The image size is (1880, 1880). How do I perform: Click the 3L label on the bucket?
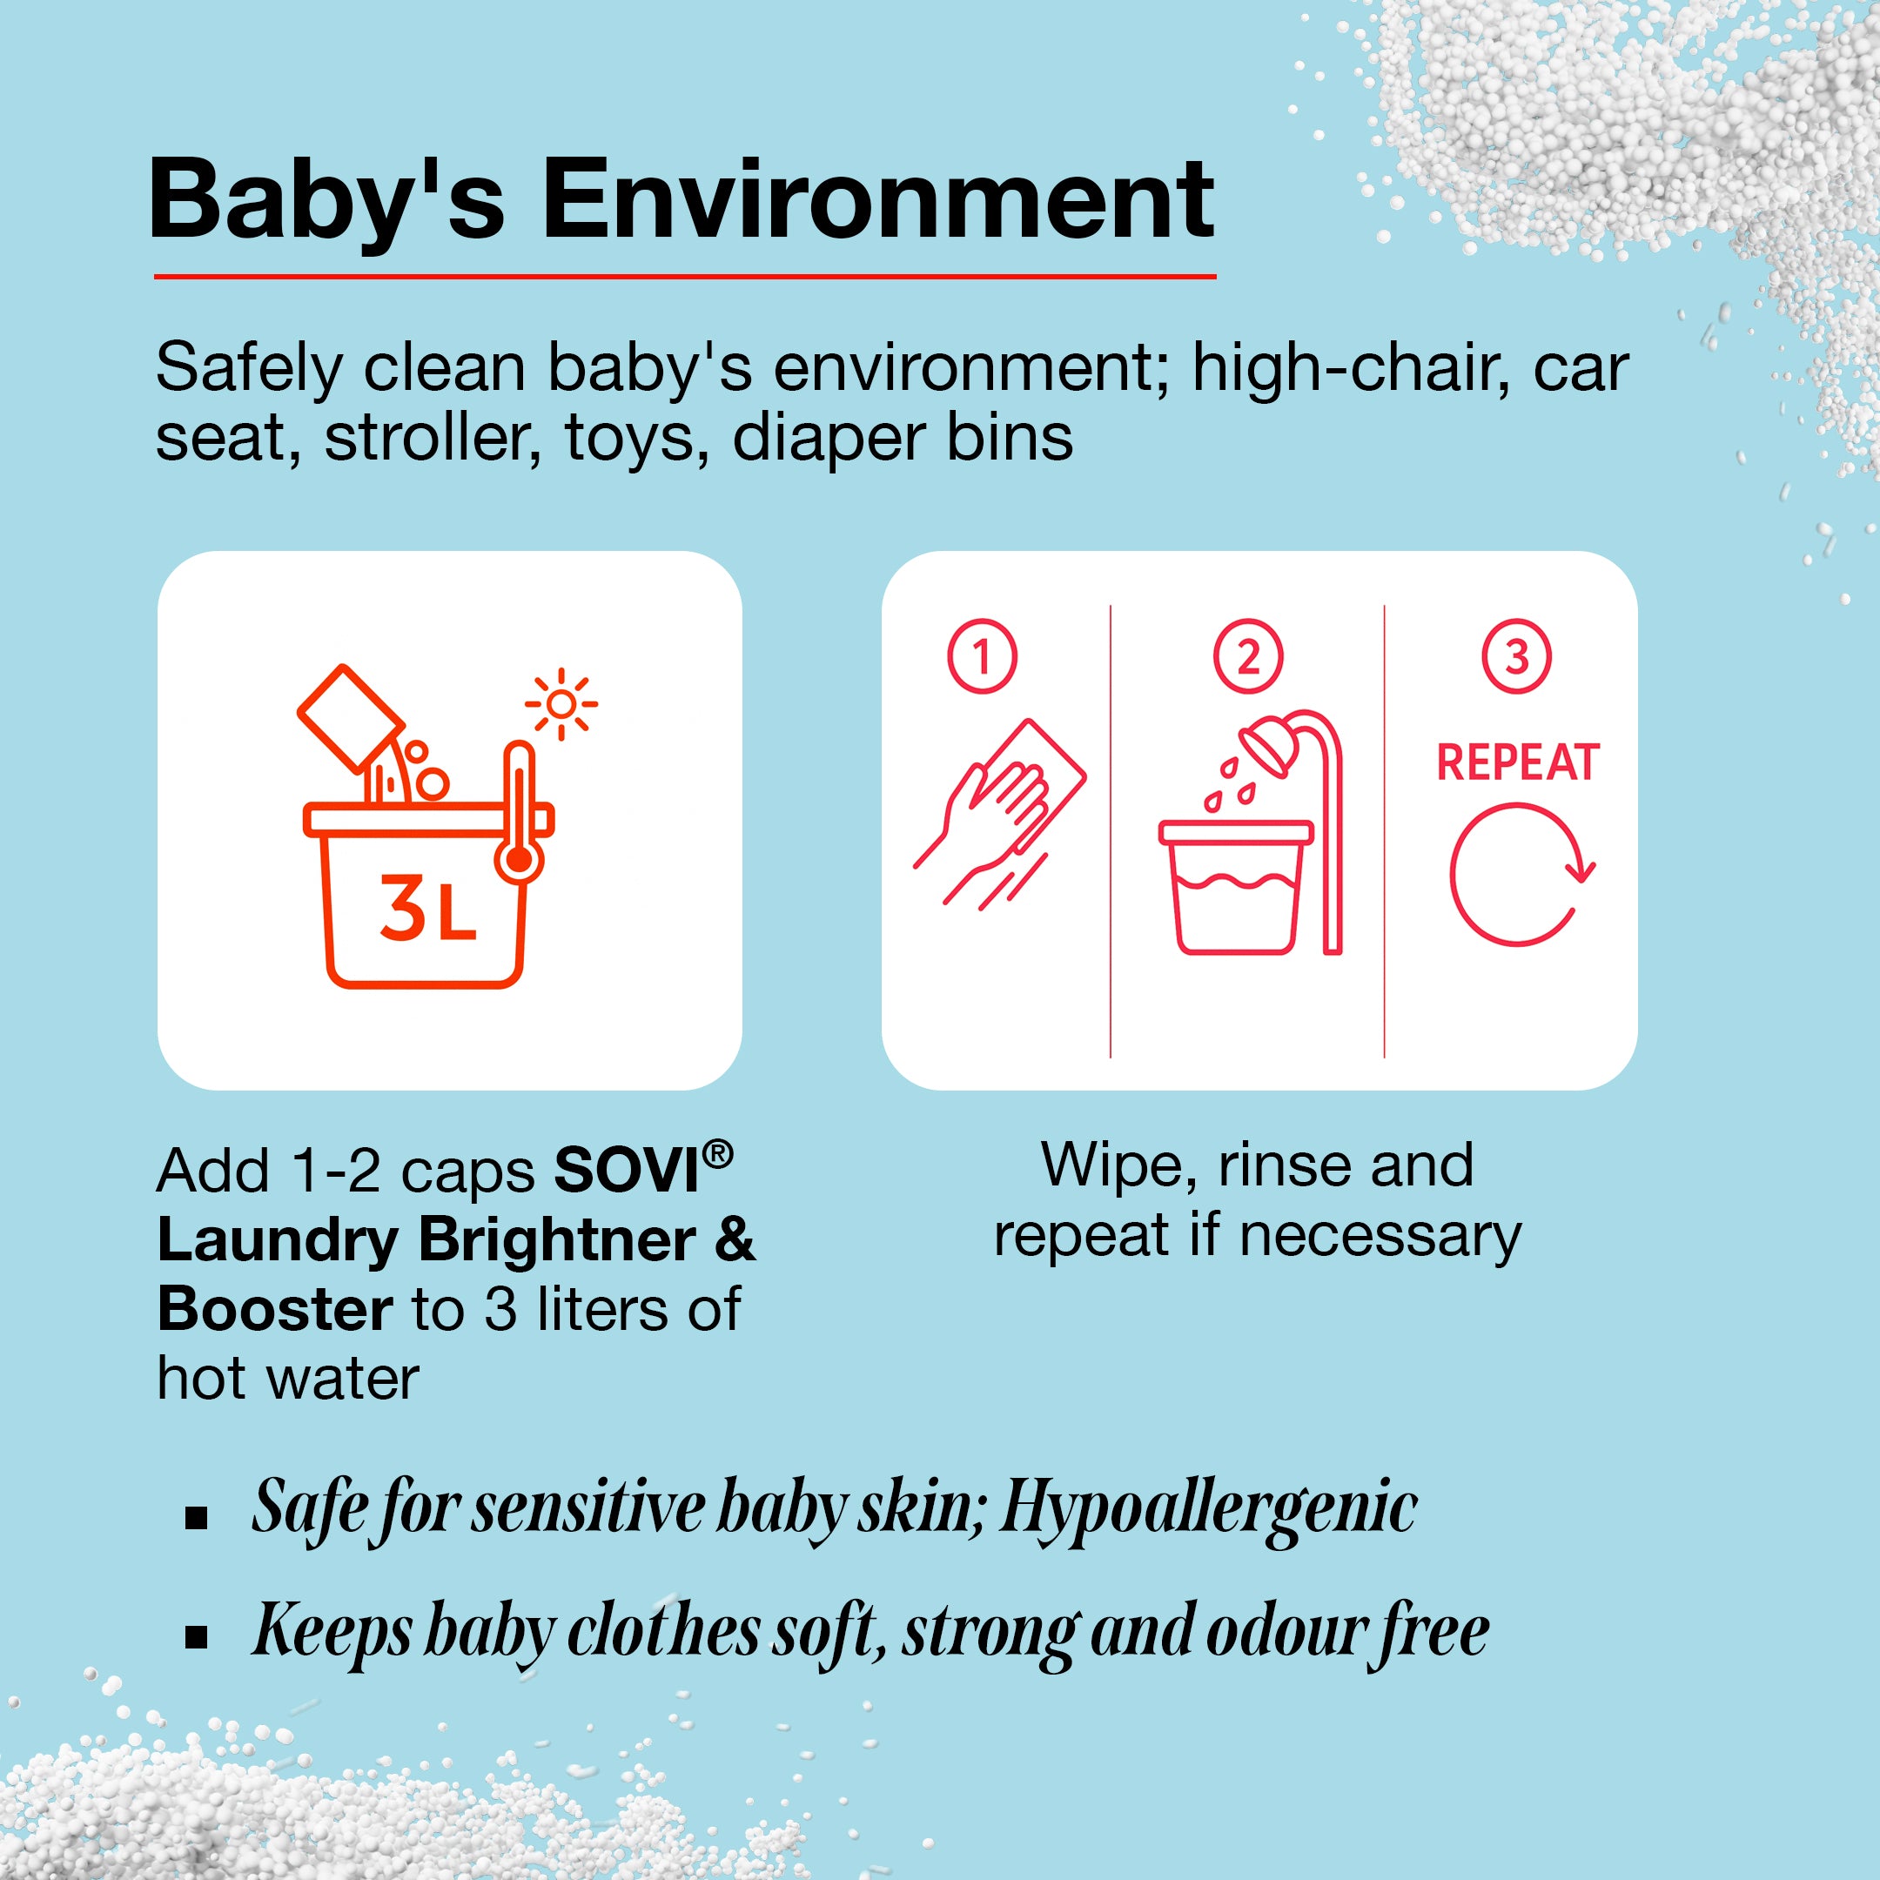(x=427, y=908)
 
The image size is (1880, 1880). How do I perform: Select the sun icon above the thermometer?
(x=561, y=703)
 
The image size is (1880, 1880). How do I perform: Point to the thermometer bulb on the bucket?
(x=520, y=860)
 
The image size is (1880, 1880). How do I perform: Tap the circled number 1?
(x=982, y=656)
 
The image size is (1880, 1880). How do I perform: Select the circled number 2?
(x=1248, y=656)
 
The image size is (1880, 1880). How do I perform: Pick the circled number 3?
(x=1517, y=656)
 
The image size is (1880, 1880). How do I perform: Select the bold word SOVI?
(x=627, y=1170)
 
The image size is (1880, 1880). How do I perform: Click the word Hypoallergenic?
(x=1209, y=1509)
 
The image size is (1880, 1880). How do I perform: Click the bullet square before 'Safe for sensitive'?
(x=197, y=1517)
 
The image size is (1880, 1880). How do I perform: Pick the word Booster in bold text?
(x=275, y=1309)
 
